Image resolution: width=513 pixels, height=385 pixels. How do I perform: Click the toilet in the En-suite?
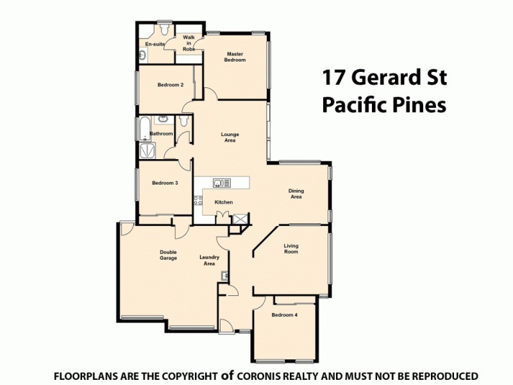[164, 30]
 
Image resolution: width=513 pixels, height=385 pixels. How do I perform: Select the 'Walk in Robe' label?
[189, 43]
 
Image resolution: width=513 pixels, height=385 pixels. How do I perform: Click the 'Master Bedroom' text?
[235, 57]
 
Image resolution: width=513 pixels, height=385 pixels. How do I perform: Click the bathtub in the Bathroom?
[144, 129]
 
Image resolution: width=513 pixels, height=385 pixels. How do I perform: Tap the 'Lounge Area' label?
[230, 137]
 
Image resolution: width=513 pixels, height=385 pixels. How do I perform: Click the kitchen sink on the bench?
[222, 184]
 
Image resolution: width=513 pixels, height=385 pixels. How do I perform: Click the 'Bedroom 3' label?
[165, 183]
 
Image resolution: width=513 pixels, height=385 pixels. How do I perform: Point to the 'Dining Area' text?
[296, 194]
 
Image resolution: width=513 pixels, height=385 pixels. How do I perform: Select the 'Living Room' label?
[291, 249]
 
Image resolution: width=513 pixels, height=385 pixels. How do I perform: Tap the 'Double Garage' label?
[168, 255]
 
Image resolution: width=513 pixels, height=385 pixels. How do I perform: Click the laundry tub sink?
[225, 276]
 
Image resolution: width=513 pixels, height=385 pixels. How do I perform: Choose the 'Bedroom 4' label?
[284, 315]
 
